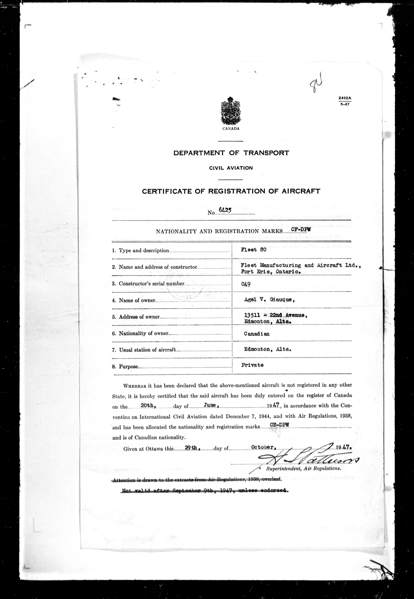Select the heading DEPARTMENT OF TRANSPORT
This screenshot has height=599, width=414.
click(x=231, y=153)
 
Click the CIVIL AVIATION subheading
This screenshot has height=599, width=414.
click(x=231, y=168)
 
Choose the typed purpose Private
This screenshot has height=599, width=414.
click(x=252, y=365)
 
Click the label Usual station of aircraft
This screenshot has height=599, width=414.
click(x=147, y=350)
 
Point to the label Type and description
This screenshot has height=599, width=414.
click(x=144, y=250)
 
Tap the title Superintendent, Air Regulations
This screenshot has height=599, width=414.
click(x=303, y=469)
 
